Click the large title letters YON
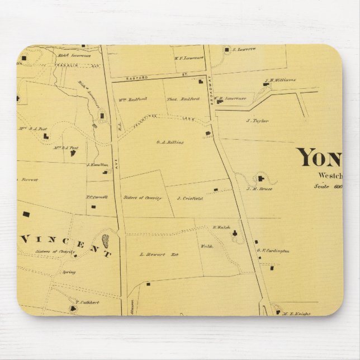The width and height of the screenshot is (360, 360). point(319,159)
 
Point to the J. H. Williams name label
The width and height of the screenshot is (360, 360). point(282,80)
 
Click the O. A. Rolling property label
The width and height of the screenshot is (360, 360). point(170,142)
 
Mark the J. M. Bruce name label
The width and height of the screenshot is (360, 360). point(255,188)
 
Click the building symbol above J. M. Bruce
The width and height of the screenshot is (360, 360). point(260,178)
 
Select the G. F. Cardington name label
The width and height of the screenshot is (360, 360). point(273,251)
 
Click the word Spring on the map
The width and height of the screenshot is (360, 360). point(69,272)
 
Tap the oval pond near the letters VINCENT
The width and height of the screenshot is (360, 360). point(105,242)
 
